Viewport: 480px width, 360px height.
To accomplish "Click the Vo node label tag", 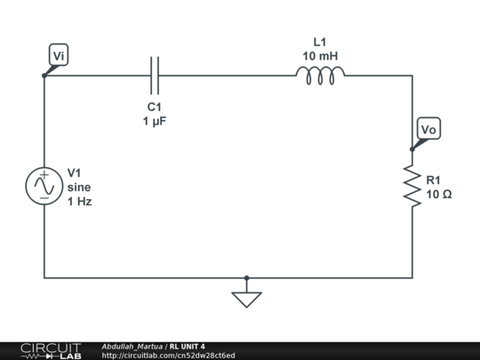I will click(x=428, y=130).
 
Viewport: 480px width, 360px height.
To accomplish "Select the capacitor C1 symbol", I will click(x=156, y=76).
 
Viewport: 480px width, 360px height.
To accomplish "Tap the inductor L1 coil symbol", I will click(x=320, y=76).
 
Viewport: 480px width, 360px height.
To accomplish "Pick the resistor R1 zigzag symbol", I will click(x=412, y=186).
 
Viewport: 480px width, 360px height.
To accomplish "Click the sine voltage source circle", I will click(x=44, y=187).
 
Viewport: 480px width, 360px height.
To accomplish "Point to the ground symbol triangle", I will click(x=246, y=300).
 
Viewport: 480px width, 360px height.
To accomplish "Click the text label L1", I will click(x=320, y=42).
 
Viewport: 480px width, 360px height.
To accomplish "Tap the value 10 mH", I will click(x=320, y=56).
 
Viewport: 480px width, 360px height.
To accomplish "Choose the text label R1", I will click(x=434, y=180).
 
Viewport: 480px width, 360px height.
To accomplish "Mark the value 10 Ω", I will click(x=439, y=194).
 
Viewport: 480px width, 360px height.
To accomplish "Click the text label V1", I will click(x=76, y=172).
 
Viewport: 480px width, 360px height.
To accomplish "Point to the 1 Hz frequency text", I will click(x=80, y=201).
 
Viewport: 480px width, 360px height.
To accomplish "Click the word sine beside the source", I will click(x=79, y=187).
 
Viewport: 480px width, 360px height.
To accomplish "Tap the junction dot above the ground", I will click(x=246, y=277).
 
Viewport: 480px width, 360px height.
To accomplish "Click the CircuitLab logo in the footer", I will click(x=51, y=350).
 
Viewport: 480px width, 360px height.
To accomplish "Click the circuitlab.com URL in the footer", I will click(x=169, y=356).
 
